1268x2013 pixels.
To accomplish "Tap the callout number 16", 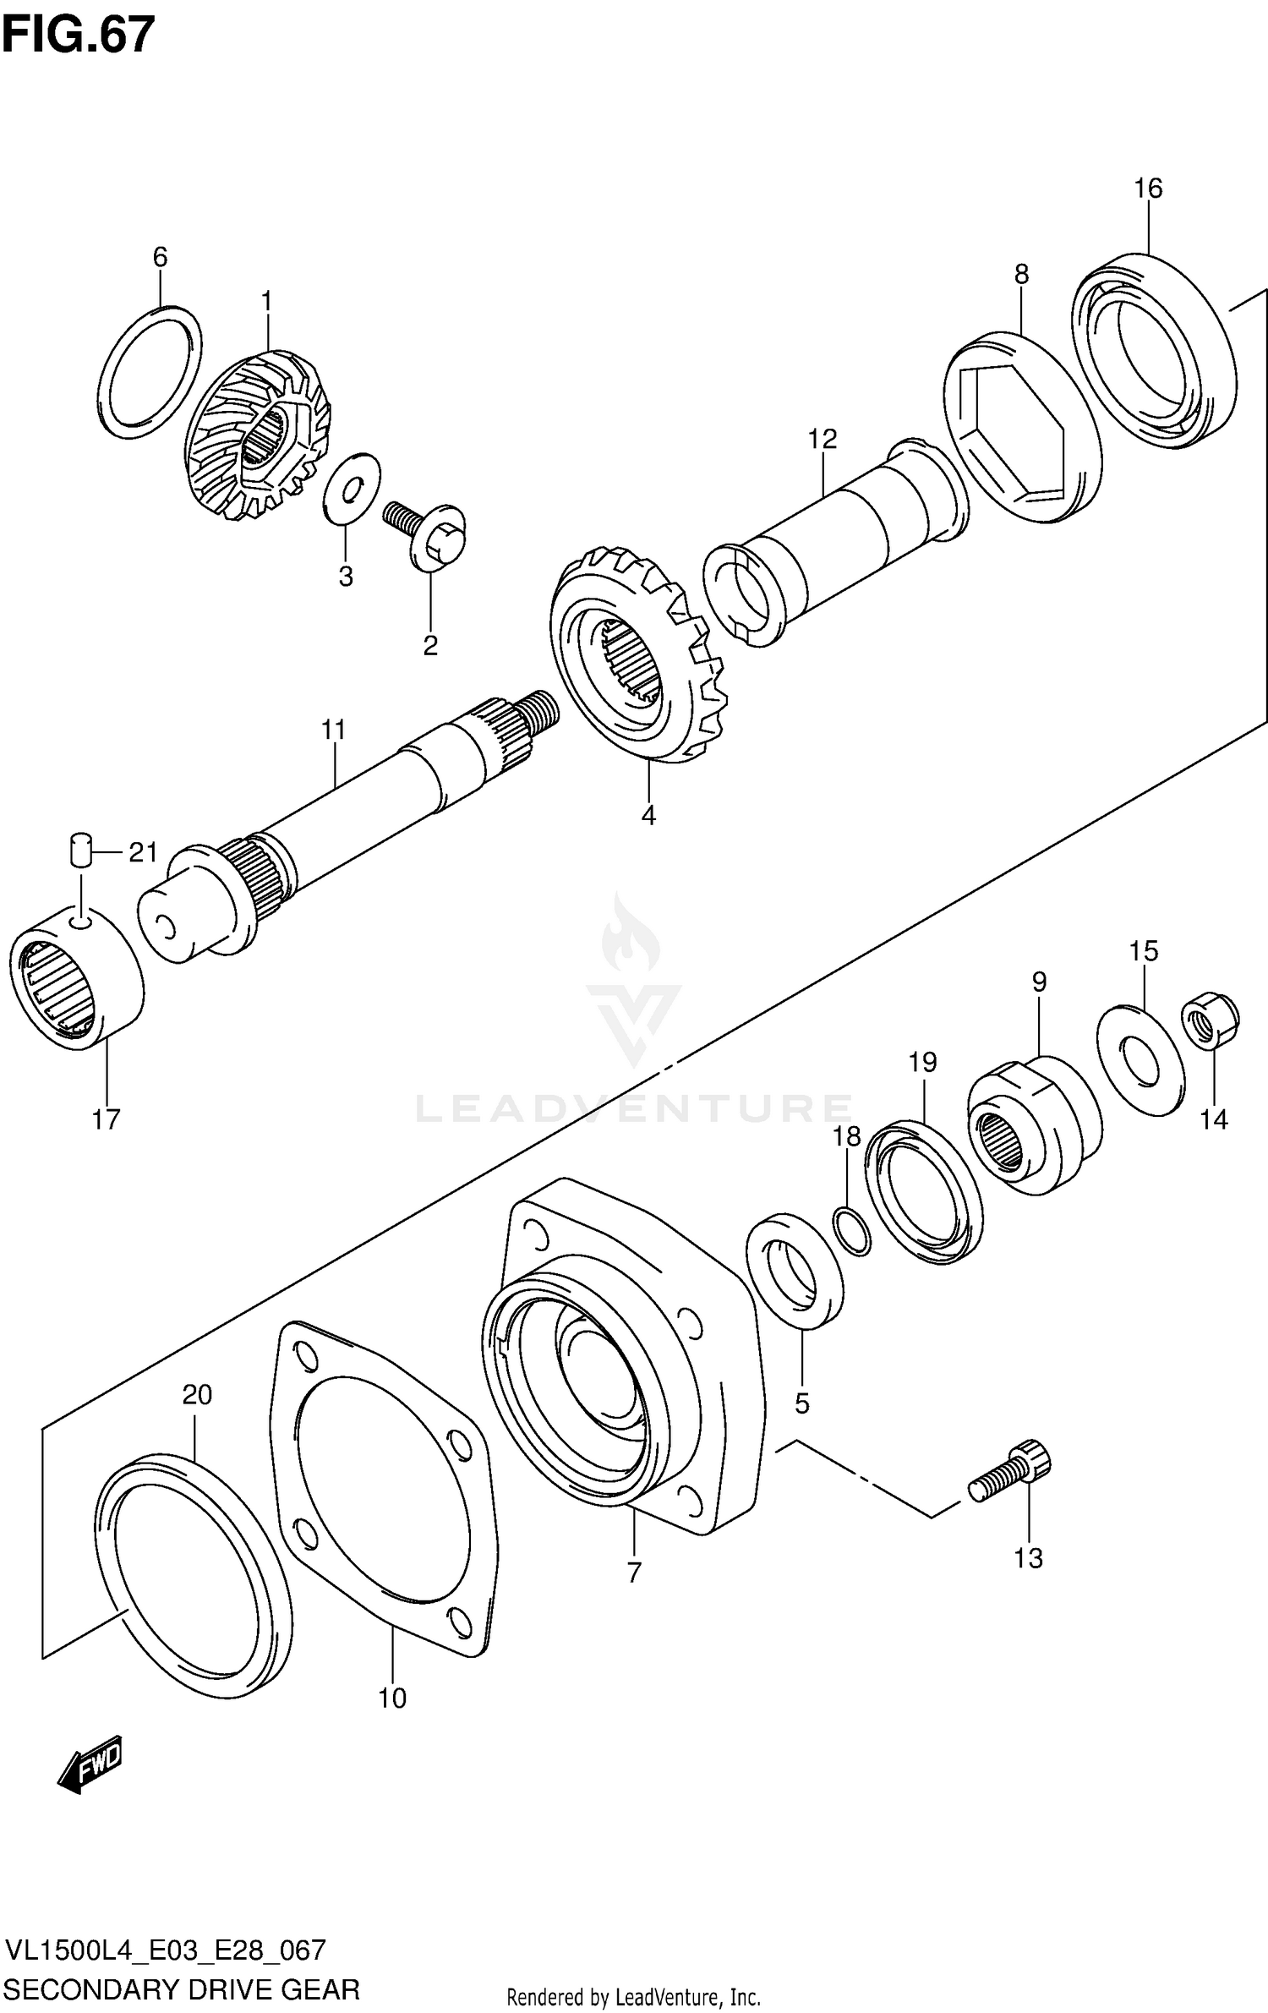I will click(x=1147, y=188).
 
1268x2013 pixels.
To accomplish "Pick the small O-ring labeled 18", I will click(x=850, y=1233).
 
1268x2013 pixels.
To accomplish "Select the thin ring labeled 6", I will click(x=150, y=372).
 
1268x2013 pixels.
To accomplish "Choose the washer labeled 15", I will click(x=1140, y=1061).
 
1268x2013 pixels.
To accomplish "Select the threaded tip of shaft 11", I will click(x=539, y=709).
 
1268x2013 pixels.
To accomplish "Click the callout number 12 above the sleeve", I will click(x=822, y=439).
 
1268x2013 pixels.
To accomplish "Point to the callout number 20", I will click(x=197, y=1394).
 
